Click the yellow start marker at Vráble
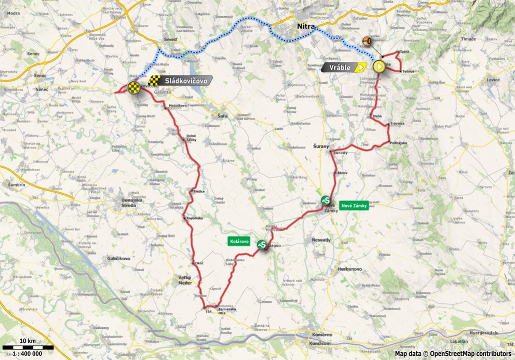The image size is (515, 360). click(x=380, y=66)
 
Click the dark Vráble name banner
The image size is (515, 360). click(x=341, y=67)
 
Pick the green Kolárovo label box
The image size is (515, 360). click(x=239, y=242)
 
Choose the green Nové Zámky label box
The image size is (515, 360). click(x=354, y=206)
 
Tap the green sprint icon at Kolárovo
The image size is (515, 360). click(x=263, y=244)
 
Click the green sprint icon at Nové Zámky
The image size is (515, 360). click(x=326, y=199)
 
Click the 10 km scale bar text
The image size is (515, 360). click(x=27, y=340)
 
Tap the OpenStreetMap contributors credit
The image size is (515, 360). click(x=453, y=353)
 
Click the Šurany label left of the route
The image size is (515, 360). click(x=321, y=147)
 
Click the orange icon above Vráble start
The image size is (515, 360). click(x=367, y=41)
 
